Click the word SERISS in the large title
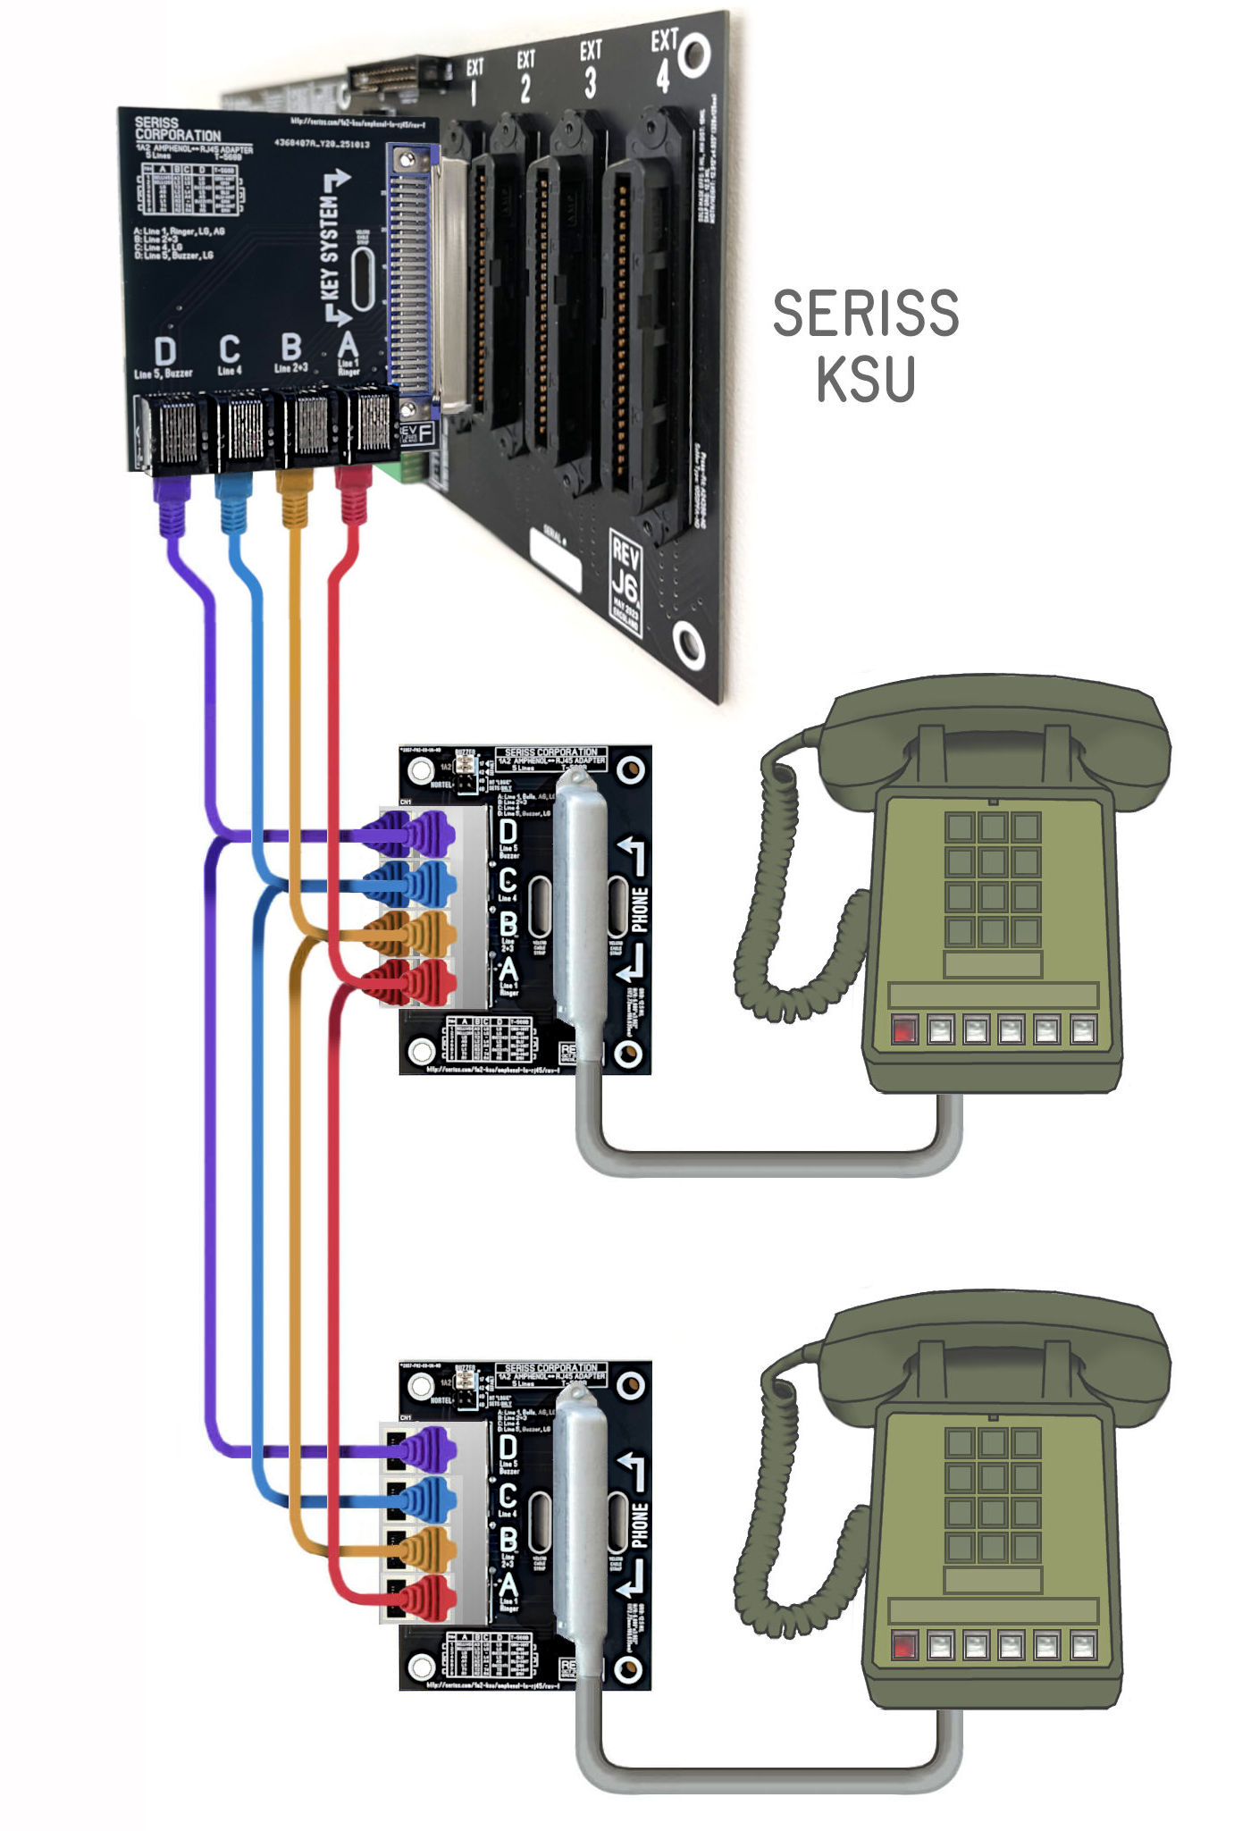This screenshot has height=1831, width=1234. point(865,314)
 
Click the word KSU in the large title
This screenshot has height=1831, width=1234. point(865,379)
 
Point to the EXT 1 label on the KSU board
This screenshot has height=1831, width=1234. point(474,80)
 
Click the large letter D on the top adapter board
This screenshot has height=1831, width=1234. point(164,351)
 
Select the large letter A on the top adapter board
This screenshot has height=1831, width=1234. point(348,344)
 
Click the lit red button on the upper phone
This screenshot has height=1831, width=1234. point(904,1029)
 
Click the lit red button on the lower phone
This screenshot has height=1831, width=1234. point(904,1646)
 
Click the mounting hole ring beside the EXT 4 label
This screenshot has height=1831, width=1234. point(695,55)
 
